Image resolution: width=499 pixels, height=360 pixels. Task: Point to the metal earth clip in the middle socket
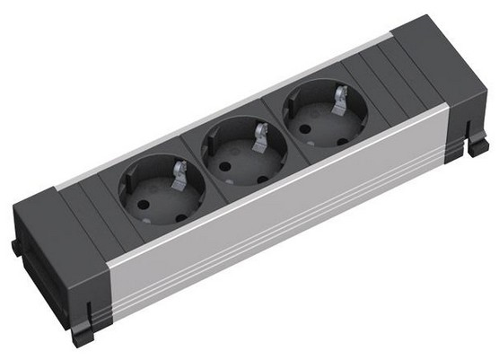(x=259, y=135)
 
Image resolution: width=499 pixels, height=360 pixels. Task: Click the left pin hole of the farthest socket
(x=302, y=118)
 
